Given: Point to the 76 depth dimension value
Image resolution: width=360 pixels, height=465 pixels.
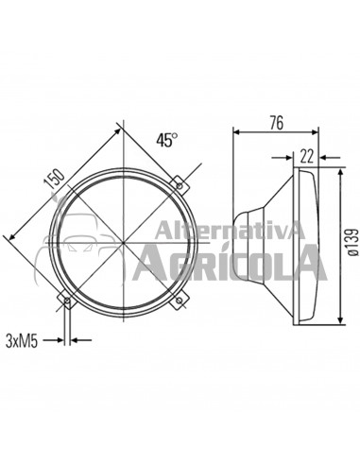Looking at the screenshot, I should pyautogui.click(x=277, y=122).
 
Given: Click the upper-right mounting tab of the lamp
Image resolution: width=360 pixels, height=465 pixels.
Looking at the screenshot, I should pyautogui.click(x=180, y=181).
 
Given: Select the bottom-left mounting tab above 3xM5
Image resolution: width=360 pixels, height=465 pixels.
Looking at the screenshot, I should pyautogui.click(x=66, y=301).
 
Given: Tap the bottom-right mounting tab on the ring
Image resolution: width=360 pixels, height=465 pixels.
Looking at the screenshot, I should pyautogui.click(x=180, y=301).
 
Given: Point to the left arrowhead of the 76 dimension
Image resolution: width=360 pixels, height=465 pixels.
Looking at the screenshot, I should pyautogui.click(x=237, y=134).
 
